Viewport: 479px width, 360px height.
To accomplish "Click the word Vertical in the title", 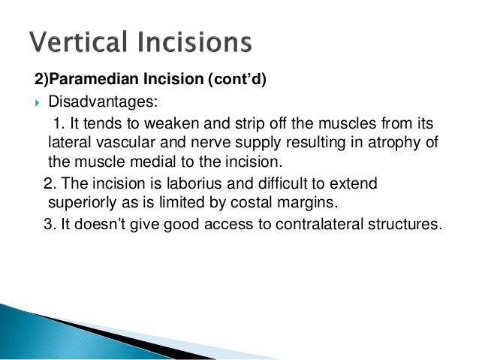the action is pos(78,41).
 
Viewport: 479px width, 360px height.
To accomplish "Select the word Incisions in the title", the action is pos(195,41).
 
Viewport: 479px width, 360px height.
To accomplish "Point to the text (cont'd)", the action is pos(237,79).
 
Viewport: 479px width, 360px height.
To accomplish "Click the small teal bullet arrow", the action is pos(38,103).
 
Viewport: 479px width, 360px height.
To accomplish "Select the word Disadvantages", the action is pos(103,101).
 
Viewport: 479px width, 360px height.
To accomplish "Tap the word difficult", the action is pos(282,183).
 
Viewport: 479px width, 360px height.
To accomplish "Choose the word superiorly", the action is pos(82,203).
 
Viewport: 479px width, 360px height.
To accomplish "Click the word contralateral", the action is pos(319,224).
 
